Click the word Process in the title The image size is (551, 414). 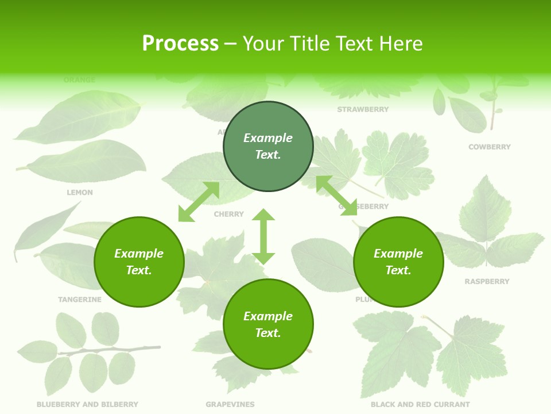(x=180, y=44)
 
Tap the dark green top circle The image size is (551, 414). (x=268, y=147)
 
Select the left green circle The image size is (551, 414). (x=139, y=262)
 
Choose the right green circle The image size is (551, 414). (x=398, y=262)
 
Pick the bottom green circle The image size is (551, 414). (x=268, y=324)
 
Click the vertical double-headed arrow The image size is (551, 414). (x=263, y=236)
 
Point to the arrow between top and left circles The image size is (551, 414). (x=199, y=202)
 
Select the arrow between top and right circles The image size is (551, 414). (x=336, y=195)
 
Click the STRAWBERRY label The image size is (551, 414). (x=363, y=109)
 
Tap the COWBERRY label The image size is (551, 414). (x=489, y=147)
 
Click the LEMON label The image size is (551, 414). (x=80, y=193)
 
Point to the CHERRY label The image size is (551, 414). (x=228, y=214)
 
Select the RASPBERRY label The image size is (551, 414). (x=487, y=282)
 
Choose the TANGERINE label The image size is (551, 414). (x=80, y=300)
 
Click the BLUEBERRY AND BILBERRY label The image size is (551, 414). (x=87, y=405)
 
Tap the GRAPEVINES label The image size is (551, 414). (x=230, y=405)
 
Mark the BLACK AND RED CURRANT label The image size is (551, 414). (x=420, y=405)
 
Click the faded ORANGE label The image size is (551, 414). (x=80, y=80)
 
